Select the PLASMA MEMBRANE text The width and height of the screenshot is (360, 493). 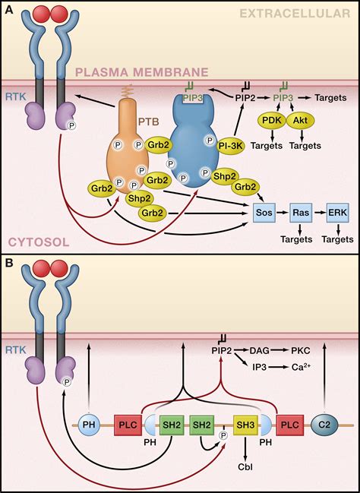click(x=151, y=71)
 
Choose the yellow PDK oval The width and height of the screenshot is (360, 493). click(x=273, y=120)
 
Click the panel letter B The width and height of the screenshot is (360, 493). click(x=8, y=263)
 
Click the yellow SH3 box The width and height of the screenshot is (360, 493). click(x=245, y=422)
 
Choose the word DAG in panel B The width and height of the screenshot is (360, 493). click(x=261, y=350)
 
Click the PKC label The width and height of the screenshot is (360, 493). click(x=300, y=350)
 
